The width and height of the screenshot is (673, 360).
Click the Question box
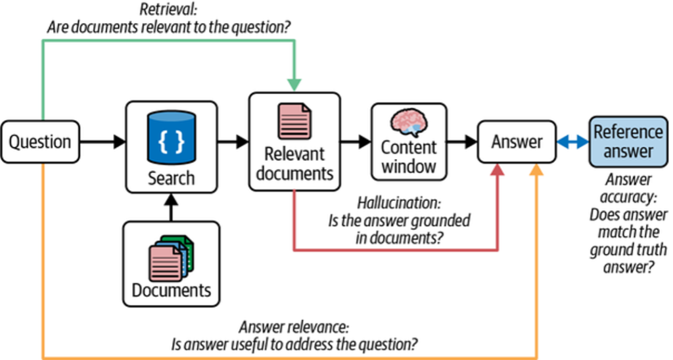click(x=39, y=141)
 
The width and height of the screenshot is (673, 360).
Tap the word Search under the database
click(x=171, y=178)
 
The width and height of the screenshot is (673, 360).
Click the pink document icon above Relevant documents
click(x=294, y=121)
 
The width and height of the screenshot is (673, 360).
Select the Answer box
click(x=517, y=141)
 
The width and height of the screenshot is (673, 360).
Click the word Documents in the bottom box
click(x=171, y=290)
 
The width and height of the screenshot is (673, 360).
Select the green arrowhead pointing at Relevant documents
click(x=294, y=85)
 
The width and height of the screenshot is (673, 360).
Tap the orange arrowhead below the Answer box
click(x=537, y=170)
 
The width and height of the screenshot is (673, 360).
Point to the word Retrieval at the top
click(x=168, y=10)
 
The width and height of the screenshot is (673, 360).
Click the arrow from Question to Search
click(x=102, y=141)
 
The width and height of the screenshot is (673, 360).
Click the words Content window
click(x=409, y=156)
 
